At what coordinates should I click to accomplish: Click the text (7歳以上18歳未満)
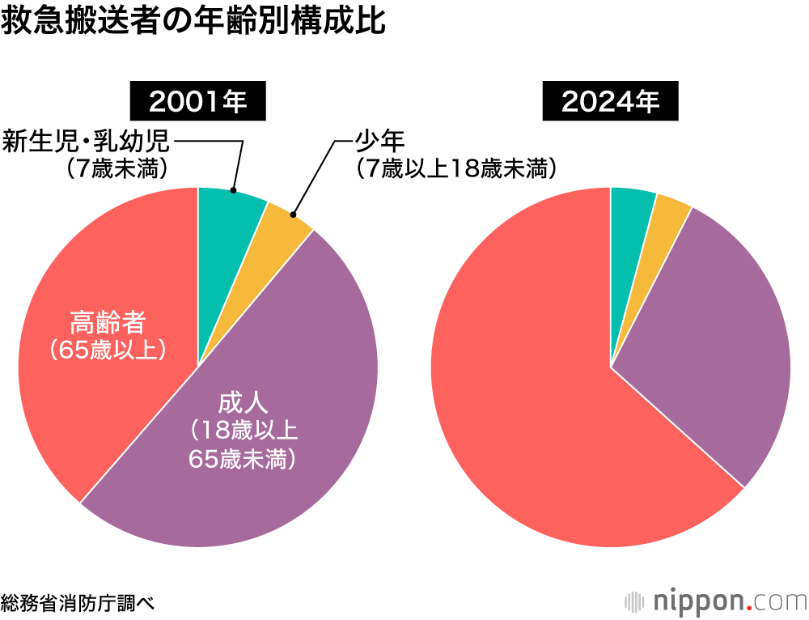pos(457,169)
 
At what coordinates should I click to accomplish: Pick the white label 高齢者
pos(108,322)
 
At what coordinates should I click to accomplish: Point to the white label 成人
pos(243,402)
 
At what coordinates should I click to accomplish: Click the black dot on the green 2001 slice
pos(233,191)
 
